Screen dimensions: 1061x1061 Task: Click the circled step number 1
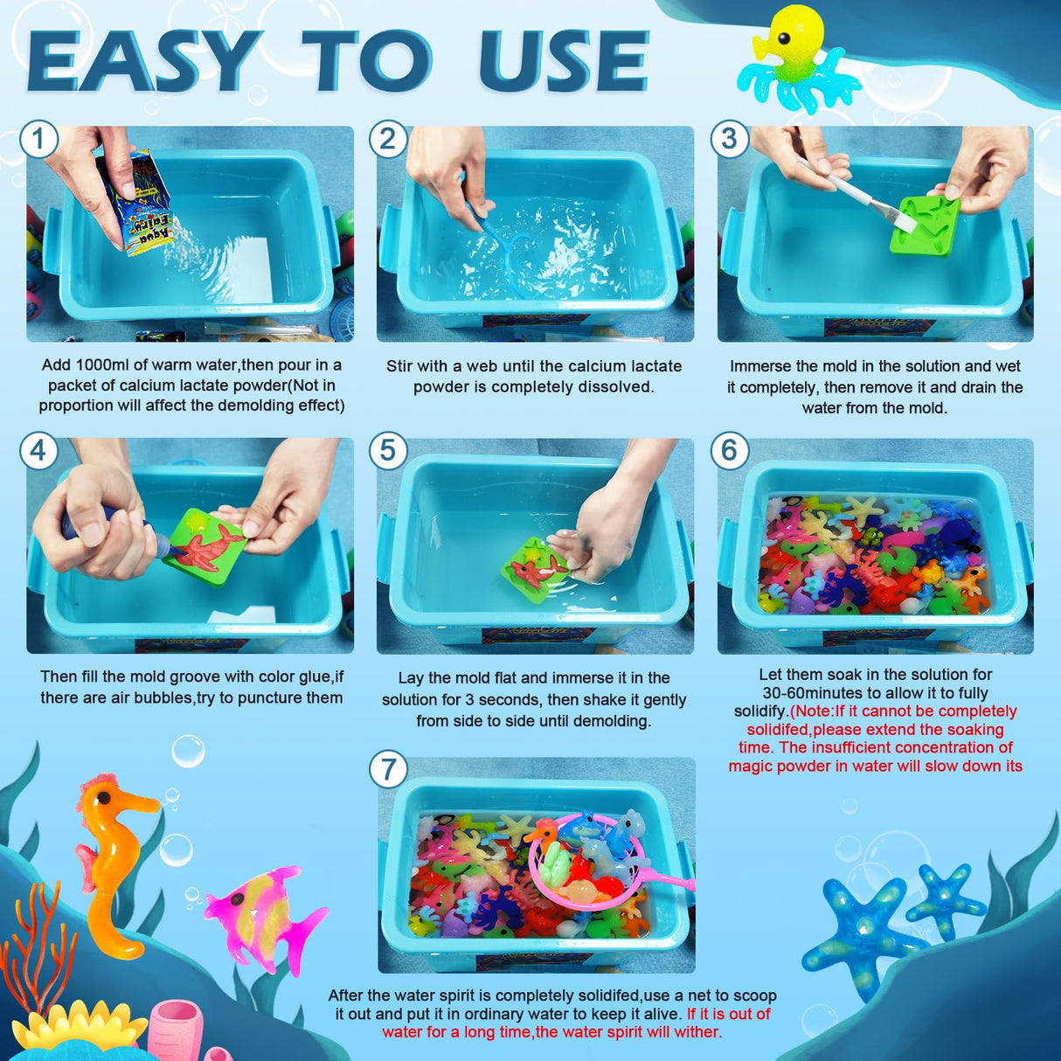(38, 140)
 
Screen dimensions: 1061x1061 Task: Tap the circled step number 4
(38, 450)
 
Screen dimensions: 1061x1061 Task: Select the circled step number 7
(389, 770)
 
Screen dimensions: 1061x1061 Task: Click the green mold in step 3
(926, 225)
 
